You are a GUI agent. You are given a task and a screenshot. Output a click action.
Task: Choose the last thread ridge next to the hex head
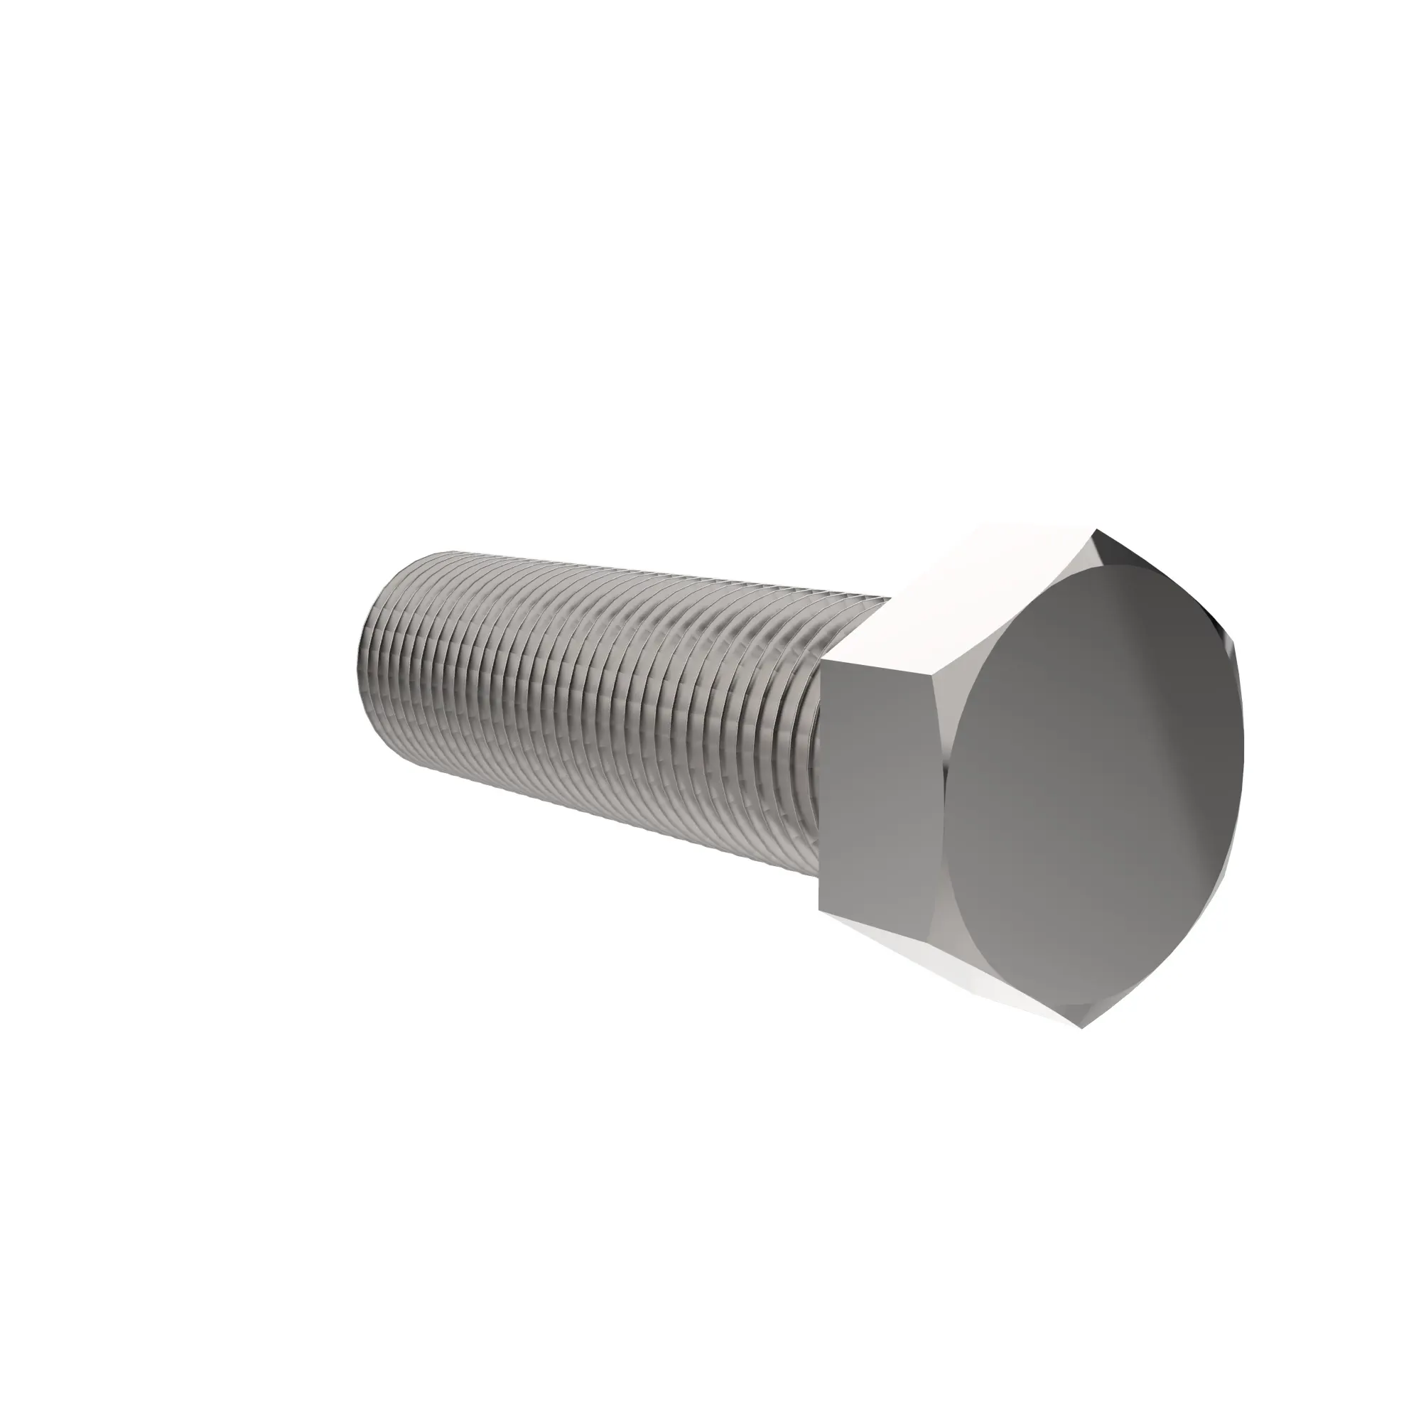click(x=809, y=735)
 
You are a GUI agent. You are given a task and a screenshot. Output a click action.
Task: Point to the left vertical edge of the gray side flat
click(x=819, y=787)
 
